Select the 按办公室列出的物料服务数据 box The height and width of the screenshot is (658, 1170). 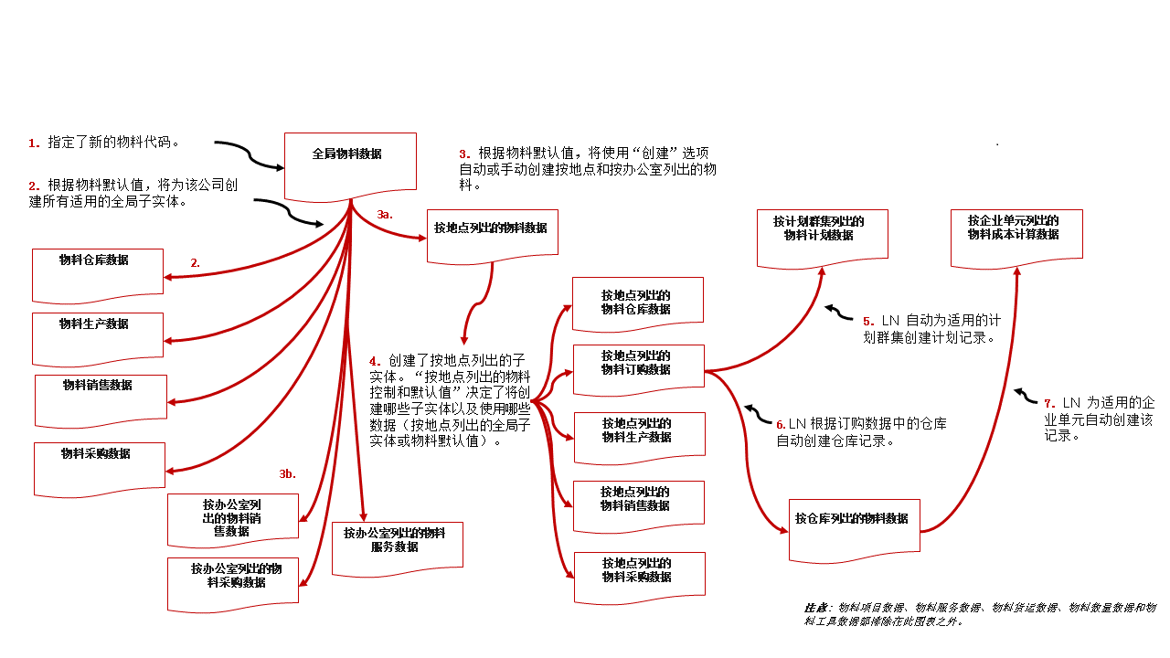click(397, 547)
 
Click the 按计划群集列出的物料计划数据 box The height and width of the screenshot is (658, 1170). click(822, 237)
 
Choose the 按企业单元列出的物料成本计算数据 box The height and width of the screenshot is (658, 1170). click(1016, 237)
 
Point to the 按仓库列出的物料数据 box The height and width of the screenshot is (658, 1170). click(854, 528)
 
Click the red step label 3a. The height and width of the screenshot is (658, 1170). click(385, 214)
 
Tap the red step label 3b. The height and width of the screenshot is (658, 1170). click(288, 473)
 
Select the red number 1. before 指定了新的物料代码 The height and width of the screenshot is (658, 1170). click(34, 143)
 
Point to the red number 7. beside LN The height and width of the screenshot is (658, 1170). click(1049, 403)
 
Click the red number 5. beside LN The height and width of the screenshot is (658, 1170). click(868, 322)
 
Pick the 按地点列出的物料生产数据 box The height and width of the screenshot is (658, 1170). click(639, 432)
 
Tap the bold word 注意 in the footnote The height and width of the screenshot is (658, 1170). click(816, 607)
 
